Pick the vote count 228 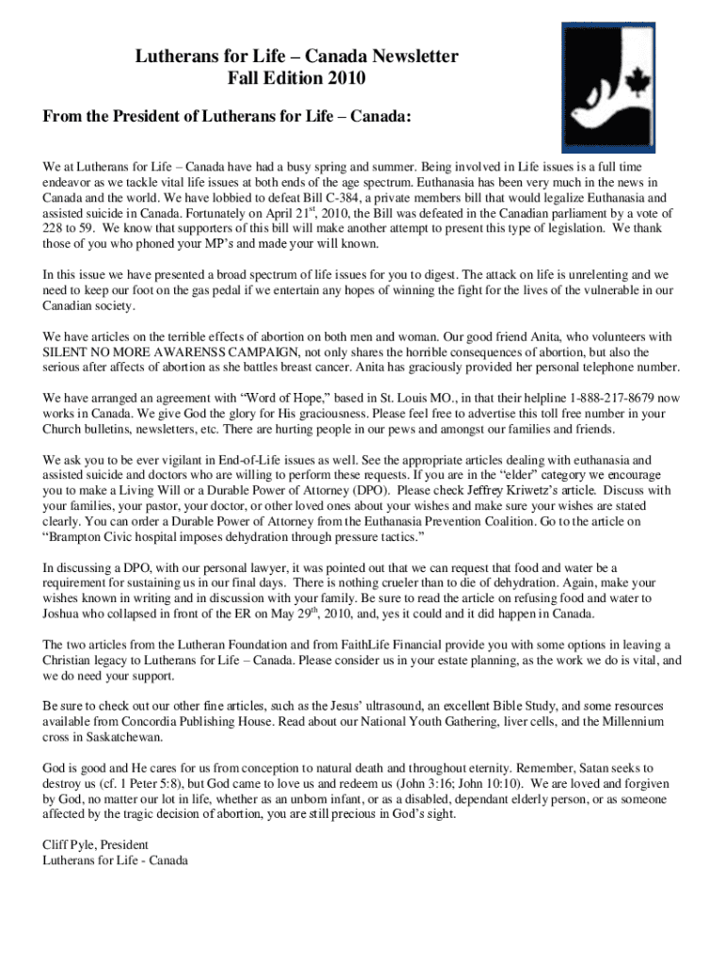[x=54, y=228]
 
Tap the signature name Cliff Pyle [x=73, y=844]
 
